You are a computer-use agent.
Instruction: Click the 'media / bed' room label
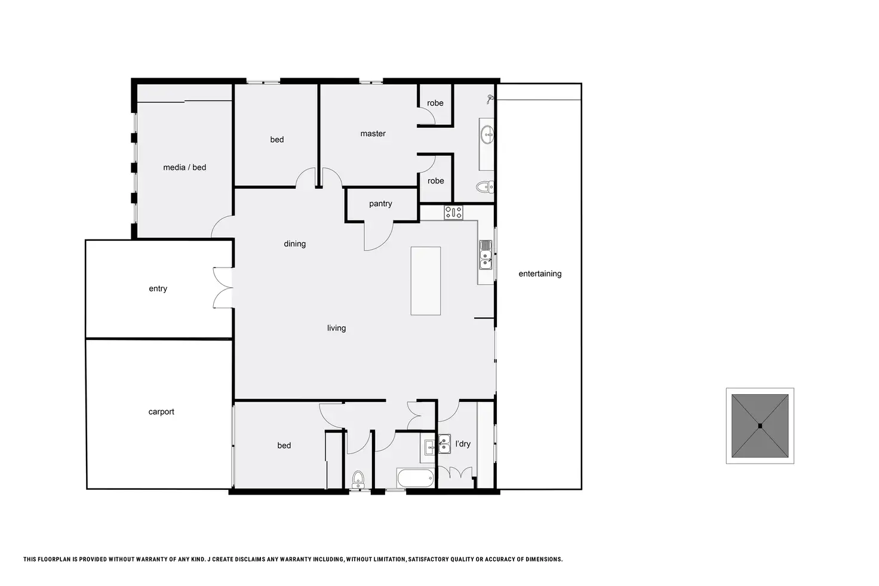[185, 167]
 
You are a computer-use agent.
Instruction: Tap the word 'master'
[373, 134]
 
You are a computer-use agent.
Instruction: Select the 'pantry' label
[380, 204]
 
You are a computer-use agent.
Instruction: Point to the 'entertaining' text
[540, 274]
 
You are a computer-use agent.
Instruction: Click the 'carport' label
[161, 412]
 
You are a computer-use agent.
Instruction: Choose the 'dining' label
[294, 244]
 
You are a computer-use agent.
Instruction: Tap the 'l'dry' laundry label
[463, 444]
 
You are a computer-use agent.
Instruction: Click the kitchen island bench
[426, 281]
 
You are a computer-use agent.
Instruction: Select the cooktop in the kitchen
[453, 211]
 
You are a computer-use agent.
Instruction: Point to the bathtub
[414, 478]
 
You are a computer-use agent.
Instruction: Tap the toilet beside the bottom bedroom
[358, 478]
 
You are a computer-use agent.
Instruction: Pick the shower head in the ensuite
[490, 98]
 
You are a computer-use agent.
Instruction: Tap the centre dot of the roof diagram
[760, 426]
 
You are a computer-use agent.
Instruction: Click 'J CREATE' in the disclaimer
[225, 560]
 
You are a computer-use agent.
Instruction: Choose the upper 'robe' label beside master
[435, 103]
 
